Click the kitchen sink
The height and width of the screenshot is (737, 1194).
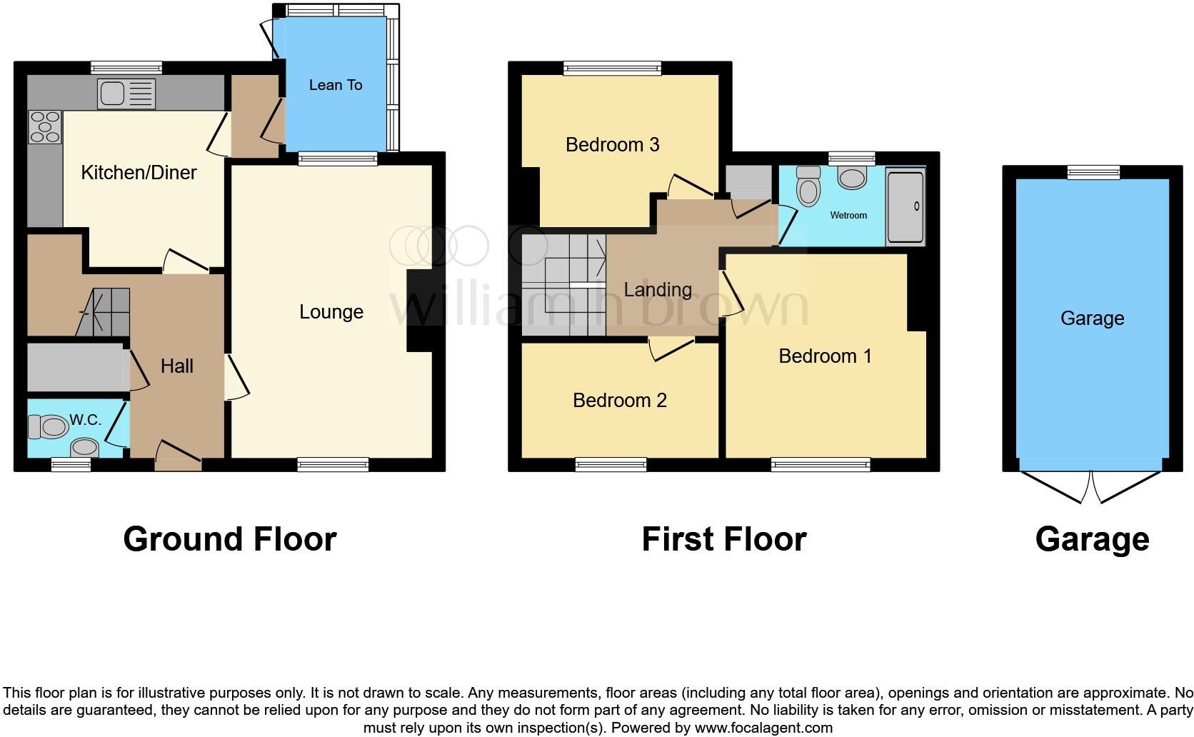126,94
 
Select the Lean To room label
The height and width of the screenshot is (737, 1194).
336,85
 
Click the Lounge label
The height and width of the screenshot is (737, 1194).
331,311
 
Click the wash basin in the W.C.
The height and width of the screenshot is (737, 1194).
85,448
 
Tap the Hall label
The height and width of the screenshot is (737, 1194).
176,366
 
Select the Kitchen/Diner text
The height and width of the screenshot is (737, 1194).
139,172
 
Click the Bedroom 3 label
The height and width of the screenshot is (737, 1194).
612,144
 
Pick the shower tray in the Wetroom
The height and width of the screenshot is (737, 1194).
905,206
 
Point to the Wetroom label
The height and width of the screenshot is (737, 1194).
848,215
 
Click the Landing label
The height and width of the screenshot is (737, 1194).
657,289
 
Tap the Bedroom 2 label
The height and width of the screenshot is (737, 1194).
619,400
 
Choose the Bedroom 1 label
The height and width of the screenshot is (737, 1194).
825,356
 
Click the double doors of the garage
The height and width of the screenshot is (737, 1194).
1091,487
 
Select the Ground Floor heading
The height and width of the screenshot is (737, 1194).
229,539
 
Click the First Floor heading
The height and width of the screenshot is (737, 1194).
723,539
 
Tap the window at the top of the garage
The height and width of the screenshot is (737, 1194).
1093,172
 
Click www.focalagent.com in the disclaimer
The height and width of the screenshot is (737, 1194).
763,728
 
